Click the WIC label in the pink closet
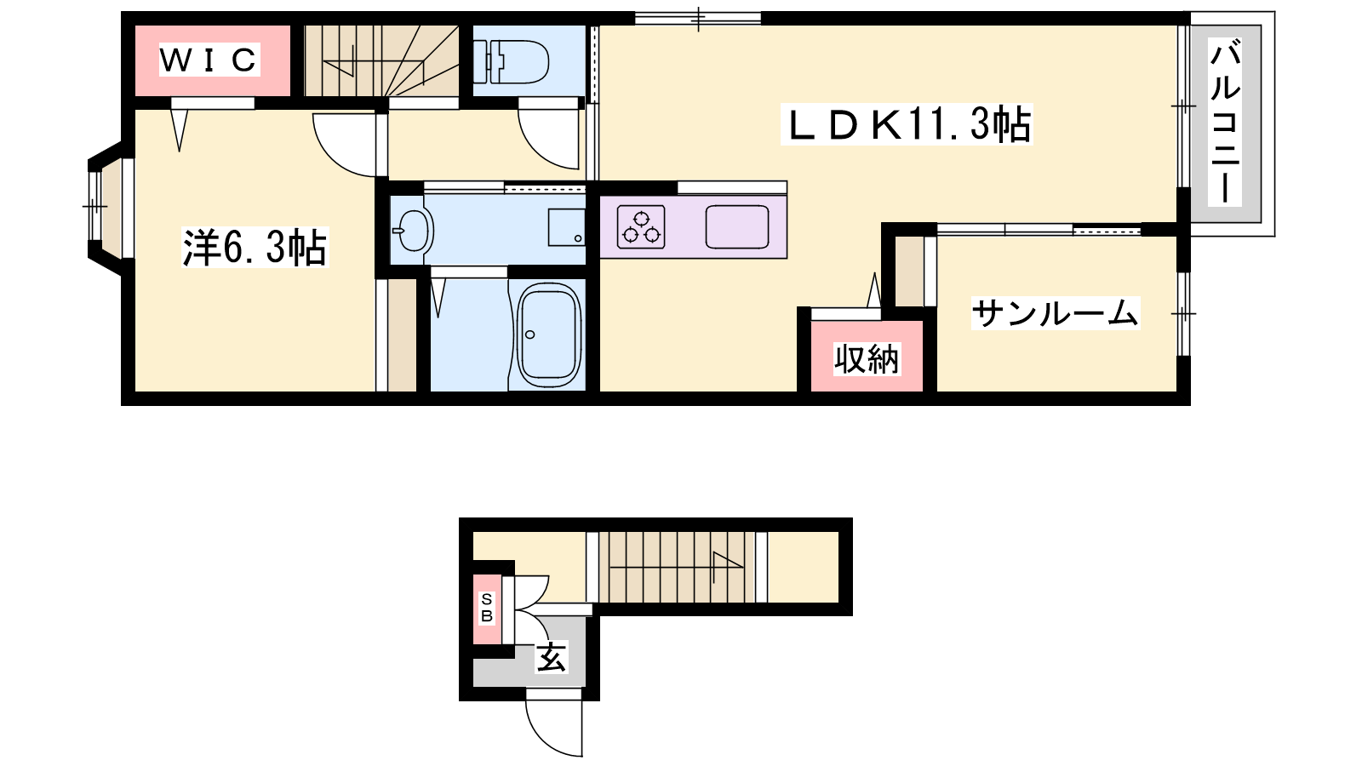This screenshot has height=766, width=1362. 209,60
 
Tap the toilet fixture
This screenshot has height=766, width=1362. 511,61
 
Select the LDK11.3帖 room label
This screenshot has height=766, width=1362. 907,124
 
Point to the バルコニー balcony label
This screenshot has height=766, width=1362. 1224,123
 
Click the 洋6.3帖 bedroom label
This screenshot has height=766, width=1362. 255,248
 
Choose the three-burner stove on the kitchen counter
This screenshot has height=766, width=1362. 641,227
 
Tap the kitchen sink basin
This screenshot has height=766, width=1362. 737,226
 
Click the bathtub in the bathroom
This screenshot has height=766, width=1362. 548,334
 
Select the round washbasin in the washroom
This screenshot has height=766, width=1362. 413,231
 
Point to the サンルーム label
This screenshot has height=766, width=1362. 1055,313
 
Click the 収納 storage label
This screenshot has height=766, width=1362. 866,359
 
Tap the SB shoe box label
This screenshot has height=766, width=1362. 486,608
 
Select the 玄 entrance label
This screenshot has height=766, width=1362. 551,657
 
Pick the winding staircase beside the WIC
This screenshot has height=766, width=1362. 381,60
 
